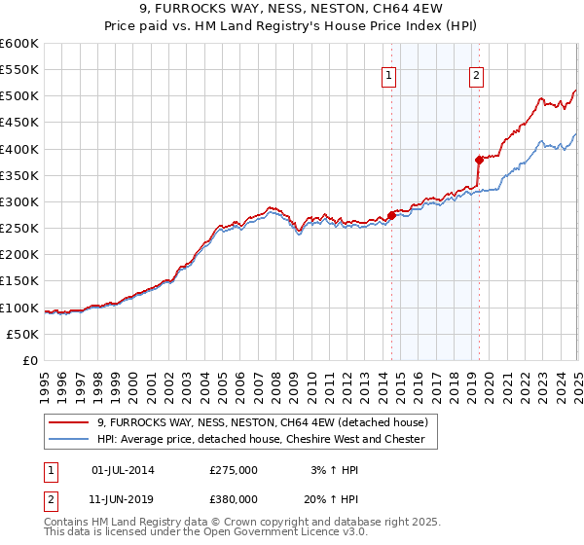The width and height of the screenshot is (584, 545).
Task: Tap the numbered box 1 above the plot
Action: tap(388, 76)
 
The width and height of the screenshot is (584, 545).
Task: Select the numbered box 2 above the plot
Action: tap(477, 76)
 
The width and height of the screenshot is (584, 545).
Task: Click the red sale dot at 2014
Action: tap(391, 214)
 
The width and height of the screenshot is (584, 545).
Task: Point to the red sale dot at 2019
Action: tap(479, 159)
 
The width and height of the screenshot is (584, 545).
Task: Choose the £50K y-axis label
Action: tap(22, 334)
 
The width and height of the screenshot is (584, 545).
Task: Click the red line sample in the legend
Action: tap(69, 422)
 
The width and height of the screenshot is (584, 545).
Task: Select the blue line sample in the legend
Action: tap(69, 439)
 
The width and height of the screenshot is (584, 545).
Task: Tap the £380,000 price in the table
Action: tap(234, 498)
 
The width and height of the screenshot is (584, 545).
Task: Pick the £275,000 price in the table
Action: tap(234, 470)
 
